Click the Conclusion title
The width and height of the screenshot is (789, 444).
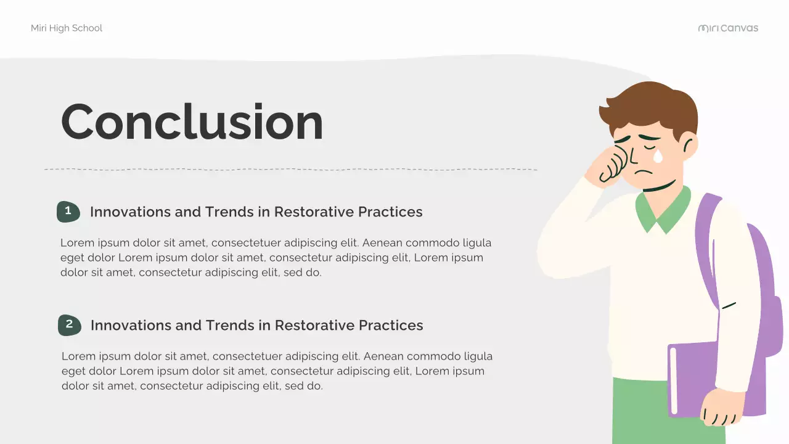tap(192, 121)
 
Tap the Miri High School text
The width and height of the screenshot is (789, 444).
tap(67, 28)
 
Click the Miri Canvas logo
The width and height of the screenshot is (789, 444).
tap(728, 28)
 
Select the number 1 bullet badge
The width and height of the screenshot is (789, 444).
tap(68, 212)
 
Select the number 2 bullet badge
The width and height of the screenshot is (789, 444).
tap(69, 325)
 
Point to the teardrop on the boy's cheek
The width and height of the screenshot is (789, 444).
tap(658, 157)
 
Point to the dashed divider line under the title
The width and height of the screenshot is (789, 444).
tap(290, 169)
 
